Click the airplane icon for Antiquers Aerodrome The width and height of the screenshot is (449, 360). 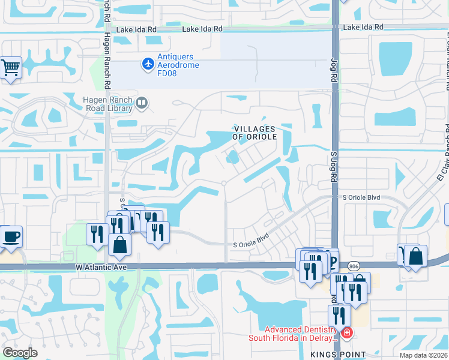[148, 62]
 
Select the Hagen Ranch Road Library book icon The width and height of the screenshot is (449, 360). [142, 103]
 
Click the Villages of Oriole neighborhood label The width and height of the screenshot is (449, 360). [255, 133]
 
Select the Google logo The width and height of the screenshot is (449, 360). [20, 353]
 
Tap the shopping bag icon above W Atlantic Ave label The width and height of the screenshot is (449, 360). [120, 244]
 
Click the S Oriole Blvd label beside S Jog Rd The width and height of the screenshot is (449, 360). [361, 197]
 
